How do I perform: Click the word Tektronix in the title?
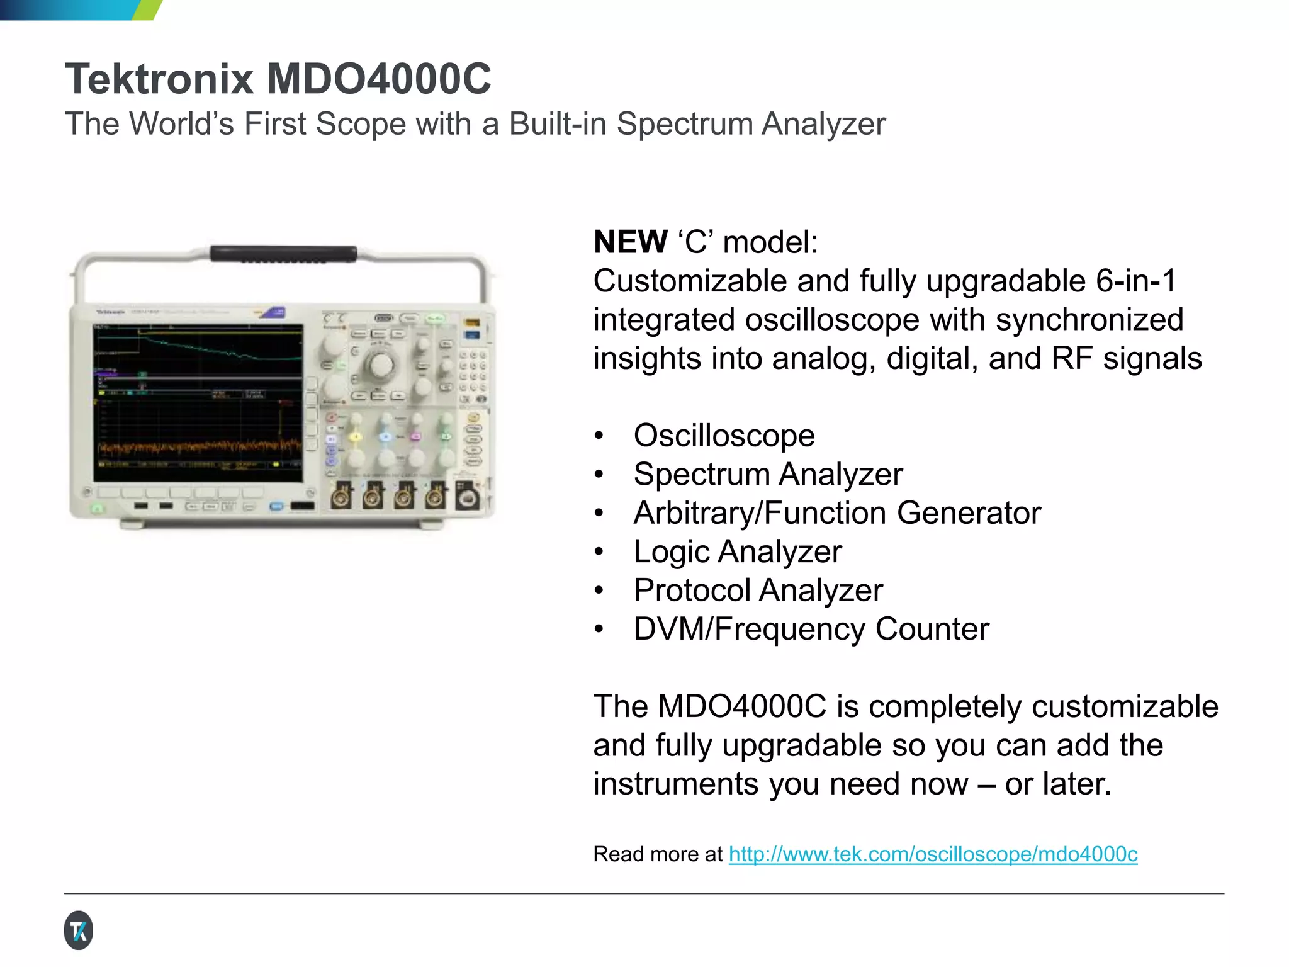pos(159,79)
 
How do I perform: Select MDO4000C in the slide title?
pos(379,79)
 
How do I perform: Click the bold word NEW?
pos(631,242)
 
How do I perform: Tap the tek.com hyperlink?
pos(933,854)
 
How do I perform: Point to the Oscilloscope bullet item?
pos(724,436)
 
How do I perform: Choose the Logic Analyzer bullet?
pos(737,552)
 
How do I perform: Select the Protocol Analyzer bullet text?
pos(758,591)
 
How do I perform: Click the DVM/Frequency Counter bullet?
pos(811,630)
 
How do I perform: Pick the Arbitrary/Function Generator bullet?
pos(837,513)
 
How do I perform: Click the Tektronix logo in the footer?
pos(79,930)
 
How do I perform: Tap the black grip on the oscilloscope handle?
pos(283,254)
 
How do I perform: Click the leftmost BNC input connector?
pos(342,497)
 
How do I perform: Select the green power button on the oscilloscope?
pos(98,507)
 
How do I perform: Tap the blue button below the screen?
pos(276,507)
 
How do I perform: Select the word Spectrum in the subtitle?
pos(685,124)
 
